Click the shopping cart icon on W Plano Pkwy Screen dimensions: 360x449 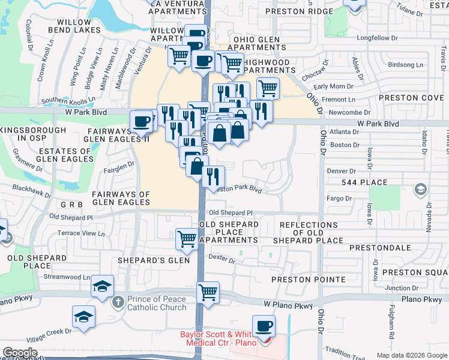point(208,293)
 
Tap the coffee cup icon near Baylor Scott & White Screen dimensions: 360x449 point(264,326)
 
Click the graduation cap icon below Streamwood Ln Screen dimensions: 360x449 point(103,286)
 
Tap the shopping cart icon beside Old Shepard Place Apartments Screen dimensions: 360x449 point(187,238)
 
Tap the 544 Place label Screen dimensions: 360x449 point(362,182)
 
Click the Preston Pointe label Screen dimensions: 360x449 point(308,280)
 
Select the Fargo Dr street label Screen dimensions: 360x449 point(340,198)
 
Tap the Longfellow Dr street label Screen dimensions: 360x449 point(377,38)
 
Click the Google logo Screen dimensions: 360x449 point(20,353)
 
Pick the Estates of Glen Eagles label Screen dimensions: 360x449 point(63,155)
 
